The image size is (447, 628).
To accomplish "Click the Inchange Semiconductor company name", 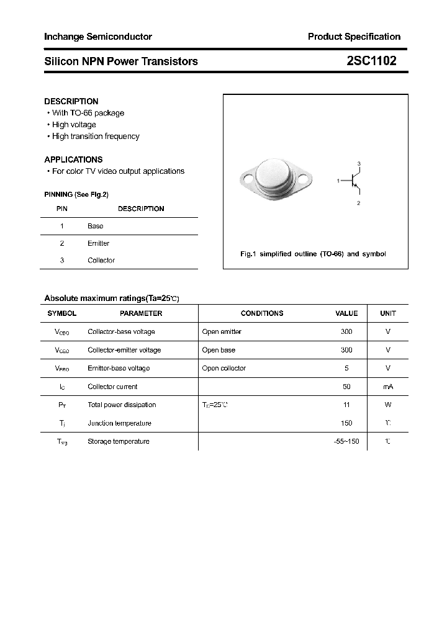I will (98, 37).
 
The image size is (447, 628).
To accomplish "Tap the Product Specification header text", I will (354, 37).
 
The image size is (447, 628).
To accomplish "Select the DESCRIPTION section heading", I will (71, 101).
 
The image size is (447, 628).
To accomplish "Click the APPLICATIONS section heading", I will (73, 159).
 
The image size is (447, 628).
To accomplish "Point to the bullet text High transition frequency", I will (96, 137).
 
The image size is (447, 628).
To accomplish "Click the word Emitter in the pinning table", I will (98, 243).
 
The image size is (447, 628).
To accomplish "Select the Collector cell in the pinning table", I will (101, 261).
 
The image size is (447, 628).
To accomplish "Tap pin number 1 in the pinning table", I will (62, 227).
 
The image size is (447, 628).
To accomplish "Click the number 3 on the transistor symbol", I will (359, 163).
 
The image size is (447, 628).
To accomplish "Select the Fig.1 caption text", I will (313, 254).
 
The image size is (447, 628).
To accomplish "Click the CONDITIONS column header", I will (262, 313).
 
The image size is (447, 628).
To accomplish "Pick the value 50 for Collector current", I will (346, 387).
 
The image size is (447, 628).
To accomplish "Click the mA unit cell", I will (388, 387).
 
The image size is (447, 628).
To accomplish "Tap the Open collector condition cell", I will (224, 369).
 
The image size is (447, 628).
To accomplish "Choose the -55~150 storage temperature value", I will (346, 442).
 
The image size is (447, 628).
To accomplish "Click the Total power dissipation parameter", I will (122, 405).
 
